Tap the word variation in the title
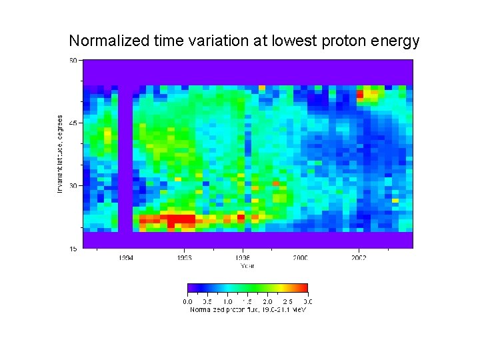[x=213, y=41]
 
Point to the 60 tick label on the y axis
[x=73, y=60]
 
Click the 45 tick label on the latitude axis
[x=73, y=123]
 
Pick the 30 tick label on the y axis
[x=73, y=185]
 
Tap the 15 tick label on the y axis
[x=73, y=248]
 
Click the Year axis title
[x=247, y=265]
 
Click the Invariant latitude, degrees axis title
[x=60, y=154]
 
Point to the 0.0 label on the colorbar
[x=187, y=301]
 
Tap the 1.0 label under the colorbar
[x=227, y=301]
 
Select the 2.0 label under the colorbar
[x=267, y=301]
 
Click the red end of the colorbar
[x=304, y=288]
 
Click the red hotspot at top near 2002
[x=361, y=94]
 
